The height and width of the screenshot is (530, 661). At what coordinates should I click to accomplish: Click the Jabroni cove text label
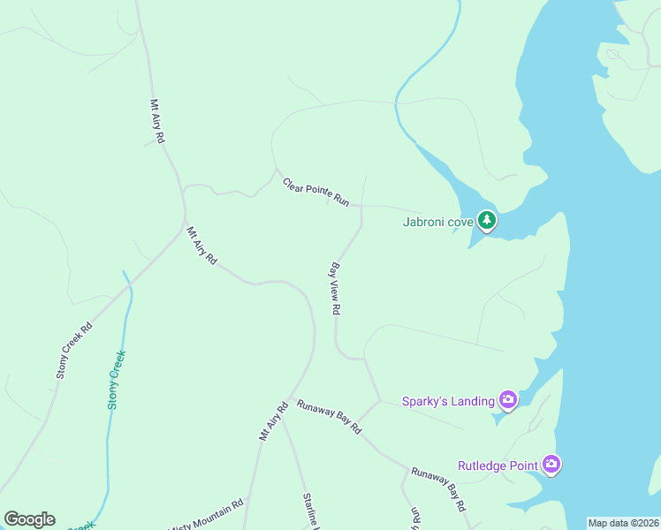tap(437, 222)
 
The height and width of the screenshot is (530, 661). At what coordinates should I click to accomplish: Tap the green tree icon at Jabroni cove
tap(486, 220)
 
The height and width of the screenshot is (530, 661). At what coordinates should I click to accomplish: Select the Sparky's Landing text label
tap(448, 401)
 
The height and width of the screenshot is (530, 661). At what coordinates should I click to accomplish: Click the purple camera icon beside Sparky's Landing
tap(508, 400)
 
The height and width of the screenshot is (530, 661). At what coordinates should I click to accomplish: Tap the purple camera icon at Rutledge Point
tap(551, 464)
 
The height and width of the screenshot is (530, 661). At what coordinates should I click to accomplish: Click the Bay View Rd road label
tap(336, 288)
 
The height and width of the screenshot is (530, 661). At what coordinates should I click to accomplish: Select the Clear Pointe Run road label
tap(315, 193)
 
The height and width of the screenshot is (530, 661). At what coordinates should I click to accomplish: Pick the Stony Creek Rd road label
tap(74, 351)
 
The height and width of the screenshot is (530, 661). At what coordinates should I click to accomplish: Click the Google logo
tap(29, 519)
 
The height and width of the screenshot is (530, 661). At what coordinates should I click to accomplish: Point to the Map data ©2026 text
tap(623, 523)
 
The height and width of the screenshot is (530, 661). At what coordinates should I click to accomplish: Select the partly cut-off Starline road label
tap(310, 511)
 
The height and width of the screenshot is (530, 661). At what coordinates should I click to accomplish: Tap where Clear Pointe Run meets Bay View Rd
tap(361, 207)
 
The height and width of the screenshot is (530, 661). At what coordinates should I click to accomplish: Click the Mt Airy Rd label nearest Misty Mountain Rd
tap(274, 422)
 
